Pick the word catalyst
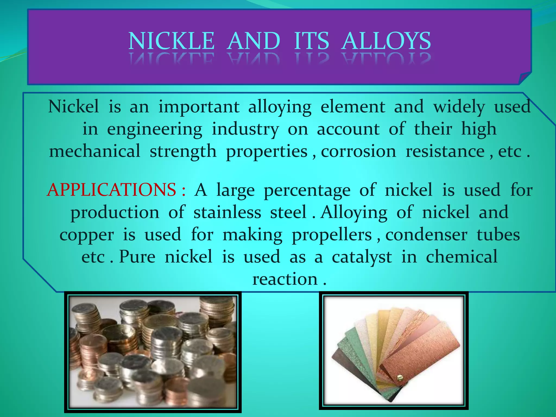pos(362,257)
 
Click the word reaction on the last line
pos(285,279)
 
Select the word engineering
pos(154,129)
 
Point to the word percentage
pos(307,190)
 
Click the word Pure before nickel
pos(137,257)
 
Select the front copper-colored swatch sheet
pos(424,353)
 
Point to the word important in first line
pos(199,107)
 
